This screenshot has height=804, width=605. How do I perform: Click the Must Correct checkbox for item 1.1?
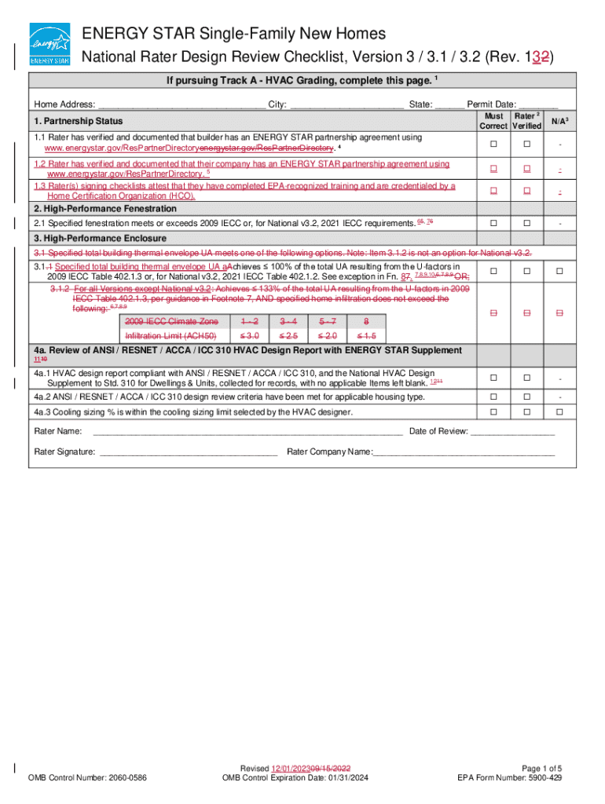[x=494, y=144]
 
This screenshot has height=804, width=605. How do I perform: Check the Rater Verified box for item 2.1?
[x=527, y=223]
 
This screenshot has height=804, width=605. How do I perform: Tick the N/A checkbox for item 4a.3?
[x=559, y=412]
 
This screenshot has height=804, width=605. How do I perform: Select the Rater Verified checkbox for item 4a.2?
[x=527, y=397]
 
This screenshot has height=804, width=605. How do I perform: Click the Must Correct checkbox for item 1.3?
[x=494, y=192]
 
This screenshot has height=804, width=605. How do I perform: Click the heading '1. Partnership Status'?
[x=78, y=122]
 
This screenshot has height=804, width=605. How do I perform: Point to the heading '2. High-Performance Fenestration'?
[x=104, y=209]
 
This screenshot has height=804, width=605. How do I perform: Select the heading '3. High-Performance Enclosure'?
[x=100, y=239]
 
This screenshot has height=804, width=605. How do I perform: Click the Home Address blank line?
[x=181, y=105]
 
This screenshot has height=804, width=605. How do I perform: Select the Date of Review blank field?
[x=512, y=432]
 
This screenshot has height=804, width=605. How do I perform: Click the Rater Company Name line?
[x=464, y=452]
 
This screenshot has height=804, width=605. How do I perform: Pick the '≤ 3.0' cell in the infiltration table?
[x=249, y=336]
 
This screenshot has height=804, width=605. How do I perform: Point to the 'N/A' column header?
[x=559, y=121]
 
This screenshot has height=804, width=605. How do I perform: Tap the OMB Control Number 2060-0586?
[x=86, y=779]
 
